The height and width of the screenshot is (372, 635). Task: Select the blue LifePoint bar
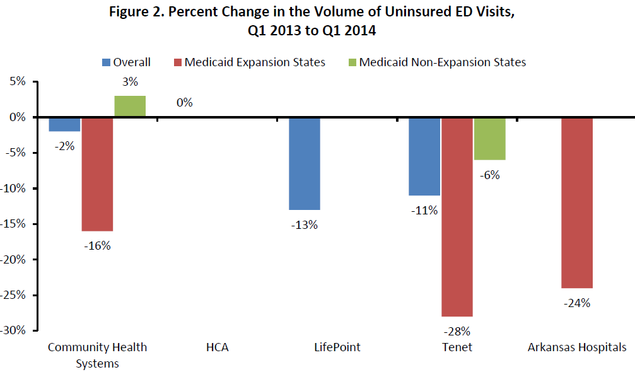coord(304,163)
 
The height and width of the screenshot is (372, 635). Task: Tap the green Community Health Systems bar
coord(130,107)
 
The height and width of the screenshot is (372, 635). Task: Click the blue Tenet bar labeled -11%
coord(424,156)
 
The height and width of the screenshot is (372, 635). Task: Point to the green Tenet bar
coord(489,139)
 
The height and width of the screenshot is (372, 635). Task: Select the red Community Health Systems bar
coord(97,174)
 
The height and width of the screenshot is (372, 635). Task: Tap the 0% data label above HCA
coord(185,102)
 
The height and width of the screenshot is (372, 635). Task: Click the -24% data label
coord(576,303)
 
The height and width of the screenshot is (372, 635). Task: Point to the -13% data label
coord(304,225)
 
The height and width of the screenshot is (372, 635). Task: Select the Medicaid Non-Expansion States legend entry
coord(436,62)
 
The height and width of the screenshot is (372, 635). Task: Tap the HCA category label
coord(217,347)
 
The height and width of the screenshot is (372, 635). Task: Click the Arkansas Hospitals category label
coord(576,347)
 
